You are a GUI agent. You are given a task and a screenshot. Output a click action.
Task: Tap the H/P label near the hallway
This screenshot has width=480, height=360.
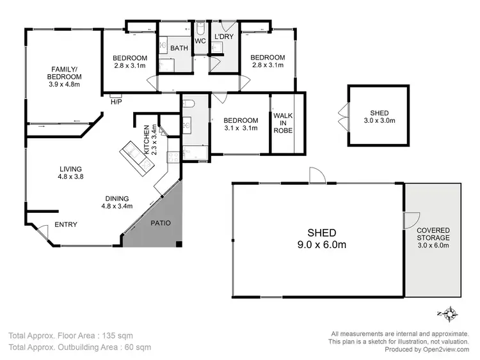pyautogui.click(x=116, y=102)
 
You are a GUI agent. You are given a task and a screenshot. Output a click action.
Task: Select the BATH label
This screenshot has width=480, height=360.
pyautogui.click(x=179, y=47)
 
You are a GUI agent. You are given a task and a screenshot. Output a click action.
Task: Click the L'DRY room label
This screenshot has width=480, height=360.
pyautogui.click(x=224, y=37)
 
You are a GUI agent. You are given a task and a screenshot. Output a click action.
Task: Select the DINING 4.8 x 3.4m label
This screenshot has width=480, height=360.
pyautogui.click(x=116, y=202)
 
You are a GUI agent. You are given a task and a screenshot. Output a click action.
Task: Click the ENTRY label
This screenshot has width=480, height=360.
pyautogui.click(x=65, y=224)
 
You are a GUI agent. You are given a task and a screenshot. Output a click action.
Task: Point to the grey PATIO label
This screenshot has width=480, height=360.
pyautogui.click(x=160, y=223)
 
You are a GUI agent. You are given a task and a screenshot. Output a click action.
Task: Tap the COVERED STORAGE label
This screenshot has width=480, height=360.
pyautogui.click(x=433, y=237)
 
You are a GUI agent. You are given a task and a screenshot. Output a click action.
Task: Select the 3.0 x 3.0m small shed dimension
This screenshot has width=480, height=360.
pyautogui.click(x=379, y=120)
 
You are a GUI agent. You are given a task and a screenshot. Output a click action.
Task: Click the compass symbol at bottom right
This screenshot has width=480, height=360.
pyautogui.click(x=451, y=314)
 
